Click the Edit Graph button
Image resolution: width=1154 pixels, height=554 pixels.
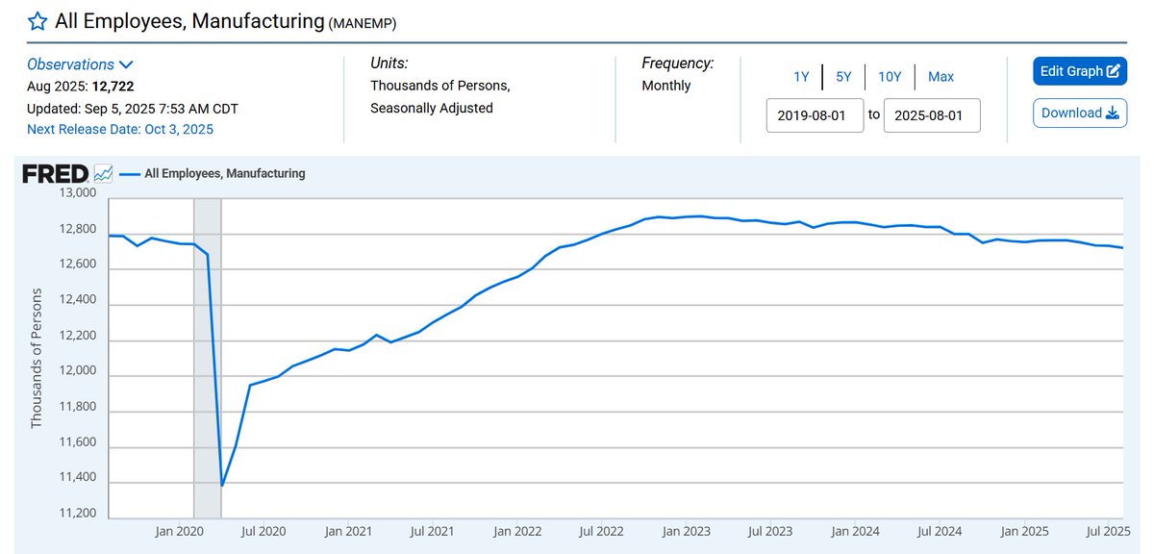click(1079, 71)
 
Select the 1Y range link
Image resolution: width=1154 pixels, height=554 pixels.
click(801, 77)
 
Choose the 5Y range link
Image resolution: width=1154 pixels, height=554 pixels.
click(843, 77)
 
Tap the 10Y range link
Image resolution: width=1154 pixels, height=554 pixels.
click(890, 77)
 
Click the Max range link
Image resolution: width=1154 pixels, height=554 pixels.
click(941, 77)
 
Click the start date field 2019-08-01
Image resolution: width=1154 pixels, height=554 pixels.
click(815, 114)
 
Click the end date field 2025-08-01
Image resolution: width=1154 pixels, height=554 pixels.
click(931, 114)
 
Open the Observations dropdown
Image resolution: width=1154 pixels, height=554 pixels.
click(80, 64)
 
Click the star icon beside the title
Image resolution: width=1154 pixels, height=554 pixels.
click(37, 21)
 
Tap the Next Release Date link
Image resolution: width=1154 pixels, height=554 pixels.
click(120, 129)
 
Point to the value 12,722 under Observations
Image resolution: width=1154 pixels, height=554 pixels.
click(113, 86)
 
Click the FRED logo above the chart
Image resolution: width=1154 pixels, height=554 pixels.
click(56, 174)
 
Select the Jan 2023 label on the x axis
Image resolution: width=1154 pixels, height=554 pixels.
click(684, 531)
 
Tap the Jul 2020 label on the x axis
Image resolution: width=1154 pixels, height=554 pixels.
click(263, 531)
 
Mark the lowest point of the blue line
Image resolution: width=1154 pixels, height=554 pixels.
click(222, 486)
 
